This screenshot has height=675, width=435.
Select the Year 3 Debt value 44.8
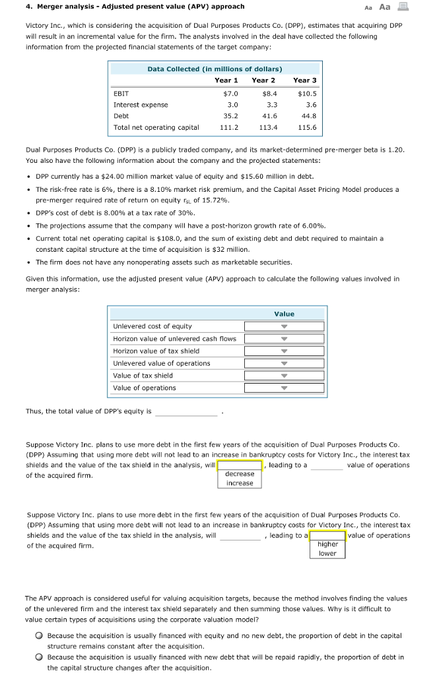(308, 115)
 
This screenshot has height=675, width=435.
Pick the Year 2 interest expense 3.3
(271, 105)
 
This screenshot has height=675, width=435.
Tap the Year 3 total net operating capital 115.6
(307, 127)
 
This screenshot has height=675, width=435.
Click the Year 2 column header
(264, 80)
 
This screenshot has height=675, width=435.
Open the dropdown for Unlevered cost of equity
(284, 326)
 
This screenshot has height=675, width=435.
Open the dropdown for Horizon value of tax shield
(284, 351)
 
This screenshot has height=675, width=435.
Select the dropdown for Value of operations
(284, 388)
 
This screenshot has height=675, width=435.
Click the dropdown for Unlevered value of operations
(284, 364)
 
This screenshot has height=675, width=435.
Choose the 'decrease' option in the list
(240, 474)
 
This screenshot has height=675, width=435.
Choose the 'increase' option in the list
(240, 483)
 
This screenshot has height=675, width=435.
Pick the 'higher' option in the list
(327, 544)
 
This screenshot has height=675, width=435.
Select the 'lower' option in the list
(327, 553)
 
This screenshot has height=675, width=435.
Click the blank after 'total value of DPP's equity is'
(186, 412)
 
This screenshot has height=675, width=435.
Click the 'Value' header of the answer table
(284, 314)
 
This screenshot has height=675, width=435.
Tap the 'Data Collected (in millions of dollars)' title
(215, 69)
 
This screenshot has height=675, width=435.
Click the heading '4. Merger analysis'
(135, 7)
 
